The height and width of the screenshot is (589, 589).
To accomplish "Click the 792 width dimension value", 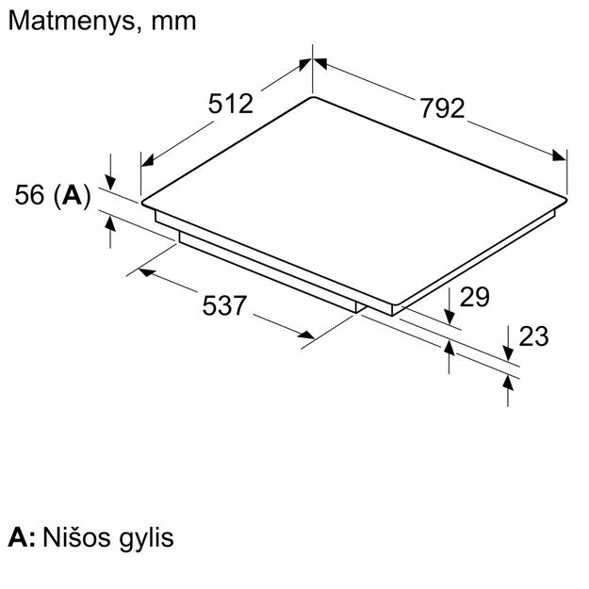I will [x=442, y=108].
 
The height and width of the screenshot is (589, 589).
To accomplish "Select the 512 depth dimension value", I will [x=231, y=104].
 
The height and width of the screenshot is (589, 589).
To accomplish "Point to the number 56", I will [x=30, y=195].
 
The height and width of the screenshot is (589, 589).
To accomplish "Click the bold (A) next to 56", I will [x=72, y=195].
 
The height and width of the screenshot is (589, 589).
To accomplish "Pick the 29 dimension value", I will [x=475, y=297].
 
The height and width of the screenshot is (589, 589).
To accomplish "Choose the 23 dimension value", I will [x=533, y=336].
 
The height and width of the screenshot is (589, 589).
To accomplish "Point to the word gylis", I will [x=148, y=540].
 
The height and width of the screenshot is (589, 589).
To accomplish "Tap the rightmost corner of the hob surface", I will [x=567, y=197].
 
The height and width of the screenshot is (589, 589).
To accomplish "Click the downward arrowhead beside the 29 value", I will [x=450, y=318].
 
